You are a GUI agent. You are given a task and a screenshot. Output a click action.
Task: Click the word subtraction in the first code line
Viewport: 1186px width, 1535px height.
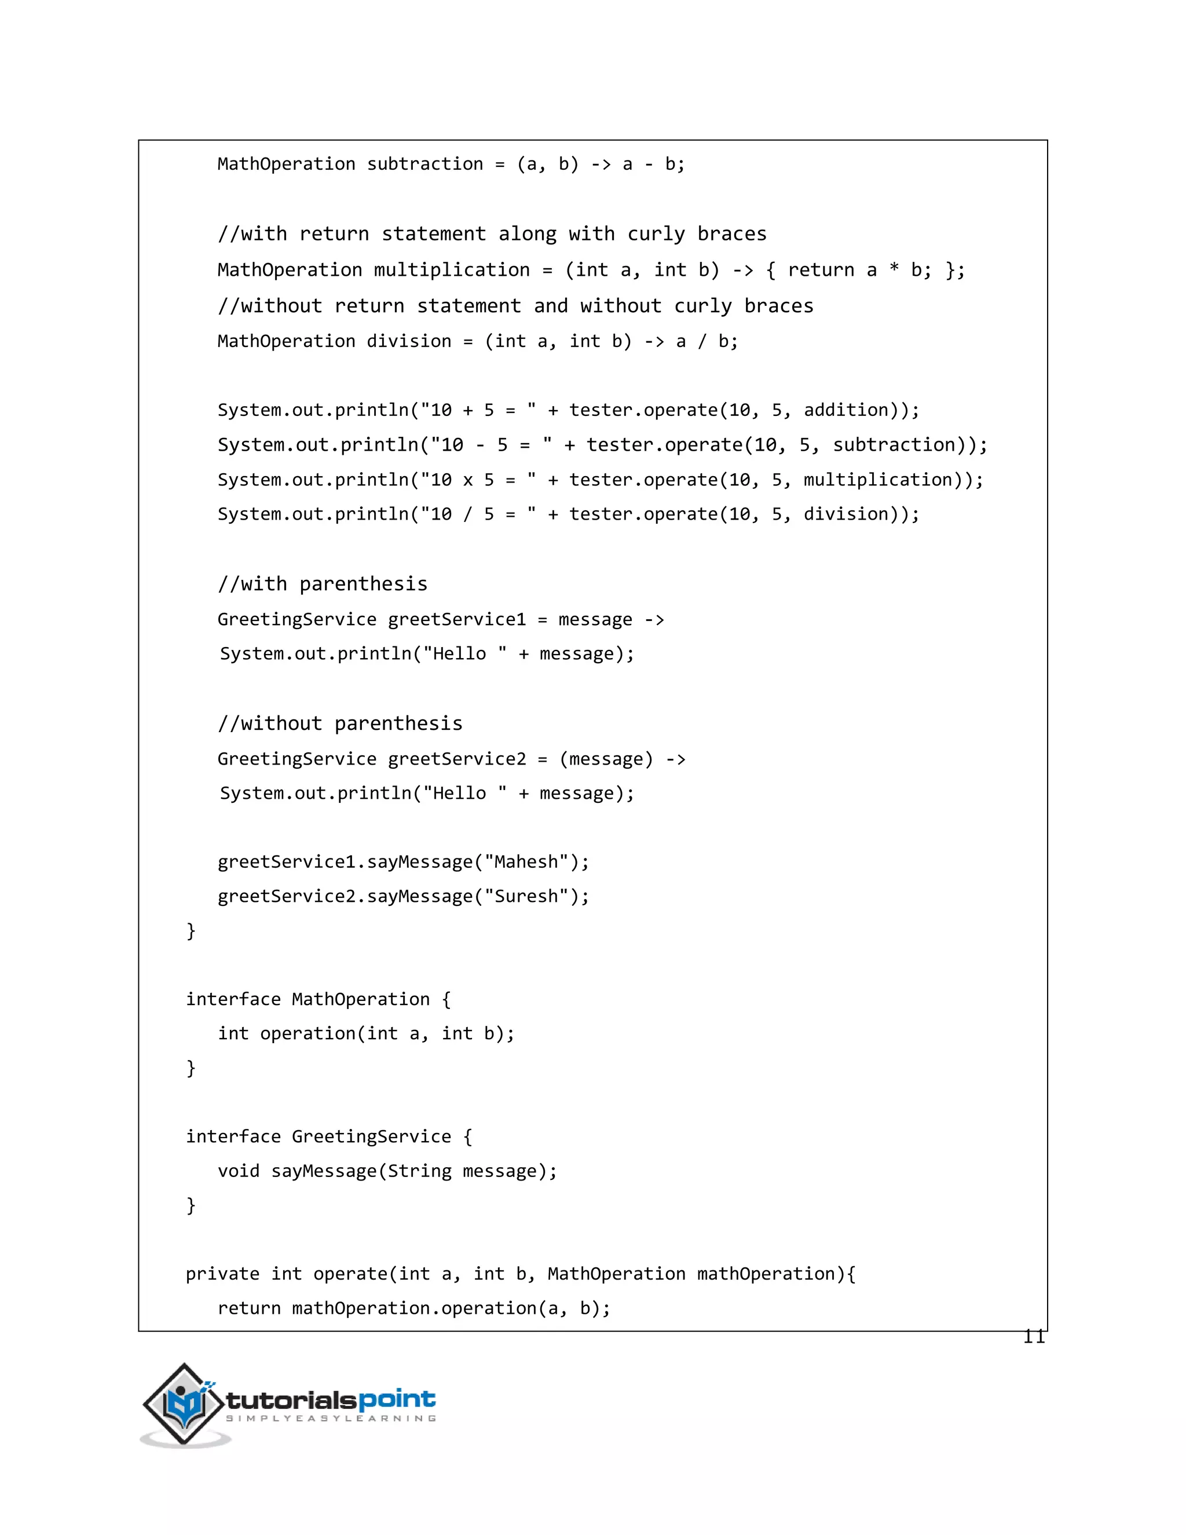(x=425, y=165)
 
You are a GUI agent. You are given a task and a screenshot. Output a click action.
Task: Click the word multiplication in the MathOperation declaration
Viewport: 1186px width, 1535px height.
(x=451, y=271)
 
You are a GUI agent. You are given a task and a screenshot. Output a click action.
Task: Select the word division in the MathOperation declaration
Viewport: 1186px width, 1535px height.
(x=409, y=342)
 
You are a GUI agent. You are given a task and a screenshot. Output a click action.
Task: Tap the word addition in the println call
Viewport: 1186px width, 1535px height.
(x=846, y=411)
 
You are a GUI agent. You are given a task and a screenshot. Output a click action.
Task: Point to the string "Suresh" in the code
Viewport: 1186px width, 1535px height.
(x=526, y=897)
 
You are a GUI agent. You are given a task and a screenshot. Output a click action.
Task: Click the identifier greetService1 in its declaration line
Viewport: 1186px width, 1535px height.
(x=457, y=620)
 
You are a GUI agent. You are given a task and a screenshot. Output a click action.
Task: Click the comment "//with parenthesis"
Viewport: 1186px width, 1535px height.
(x=323, y=584)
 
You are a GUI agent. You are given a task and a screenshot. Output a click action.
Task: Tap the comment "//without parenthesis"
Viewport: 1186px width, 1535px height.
(x=340, y=724)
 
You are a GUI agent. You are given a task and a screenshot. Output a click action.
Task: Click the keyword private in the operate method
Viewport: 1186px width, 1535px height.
(x=222, y=1274)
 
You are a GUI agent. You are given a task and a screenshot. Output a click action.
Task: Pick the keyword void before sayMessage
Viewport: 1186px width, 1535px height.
(x=238, y=1172)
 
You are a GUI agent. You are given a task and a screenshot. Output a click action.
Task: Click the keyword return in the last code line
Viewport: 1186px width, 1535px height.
(x=248, y=1309)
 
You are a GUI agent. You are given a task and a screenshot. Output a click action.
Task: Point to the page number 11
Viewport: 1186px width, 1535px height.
(x=1034, y=1337)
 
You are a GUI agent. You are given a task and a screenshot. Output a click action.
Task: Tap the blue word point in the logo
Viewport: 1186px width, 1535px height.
(x=397, y=1400)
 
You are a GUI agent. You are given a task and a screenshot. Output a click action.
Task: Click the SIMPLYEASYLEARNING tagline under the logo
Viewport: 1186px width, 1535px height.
(x=330, y=1419)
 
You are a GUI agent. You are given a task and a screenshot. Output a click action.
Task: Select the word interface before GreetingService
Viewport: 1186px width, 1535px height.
(x=233, y=1137)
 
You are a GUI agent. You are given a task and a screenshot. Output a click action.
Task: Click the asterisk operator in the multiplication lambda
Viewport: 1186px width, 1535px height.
(x=894, y=271)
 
